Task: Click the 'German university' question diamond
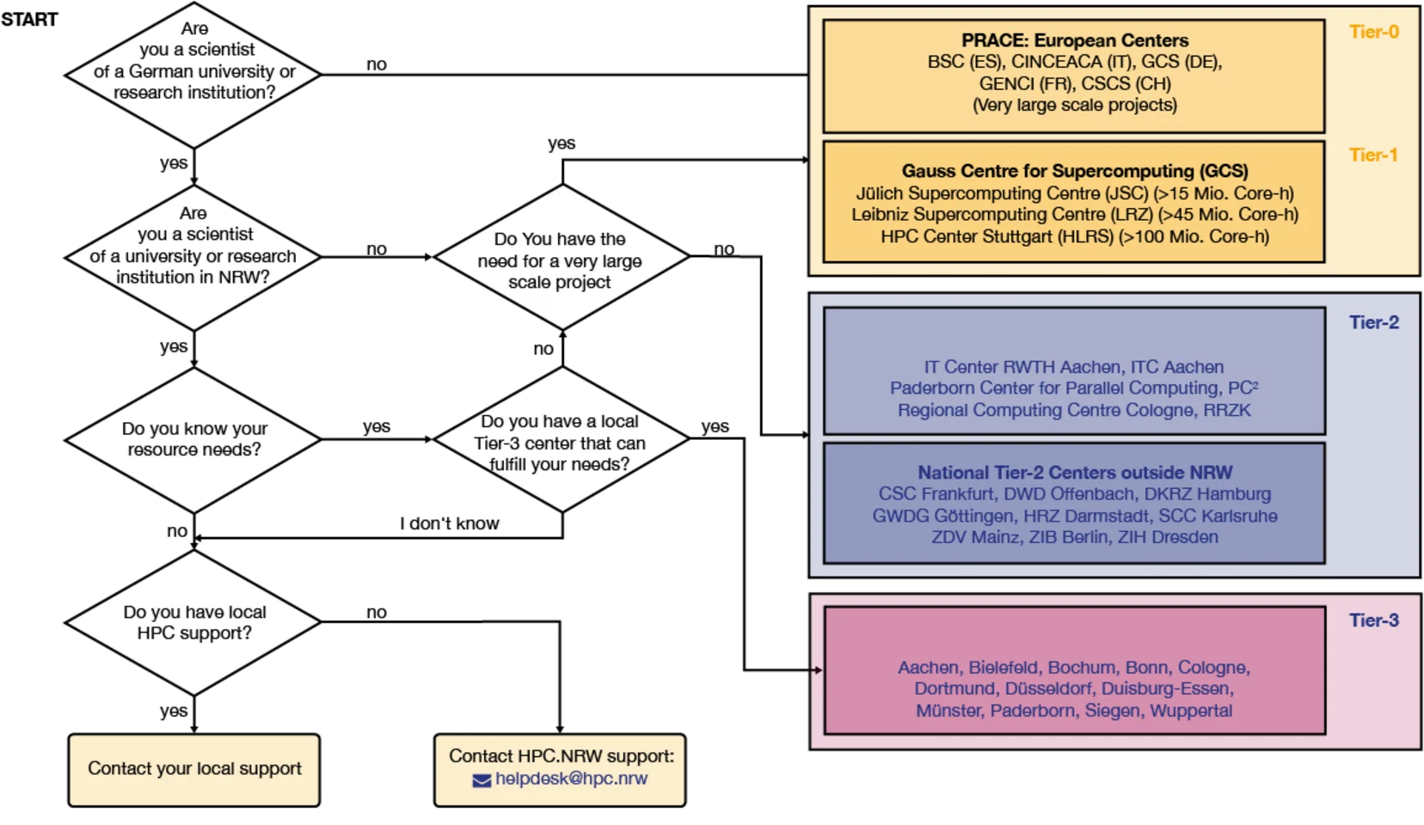(x=193, y=74)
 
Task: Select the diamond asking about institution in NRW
(x=193, y=257)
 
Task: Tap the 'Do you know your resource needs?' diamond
(x=193, y=439)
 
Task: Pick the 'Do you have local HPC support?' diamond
(x=193, y=622)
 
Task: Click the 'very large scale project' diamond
(x=561, y=258)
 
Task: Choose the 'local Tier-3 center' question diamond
(x=561, y=440)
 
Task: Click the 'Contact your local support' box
(x=194, y=769)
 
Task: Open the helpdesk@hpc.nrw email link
(x=571, y=779)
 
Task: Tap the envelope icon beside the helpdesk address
(x=482, y=780)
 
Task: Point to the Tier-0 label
(x=1373, y=32)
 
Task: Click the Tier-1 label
(x=1373, y=156)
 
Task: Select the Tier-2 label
(x=1373, y=322)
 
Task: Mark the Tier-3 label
(x=1373, y=620)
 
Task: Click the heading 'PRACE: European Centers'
(x=1074, y=40)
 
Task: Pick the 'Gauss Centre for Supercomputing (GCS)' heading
(x=1074, y=171)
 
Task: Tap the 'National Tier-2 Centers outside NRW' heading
(x=1074, y=473)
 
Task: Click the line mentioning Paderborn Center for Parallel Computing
(x=1074, y=388)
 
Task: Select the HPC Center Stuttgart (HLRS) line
(x=1074, y=236)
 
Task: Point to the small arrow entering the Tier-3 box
(x=816, y=670)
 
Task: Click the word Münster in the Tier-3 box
(x=948, y=711)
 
